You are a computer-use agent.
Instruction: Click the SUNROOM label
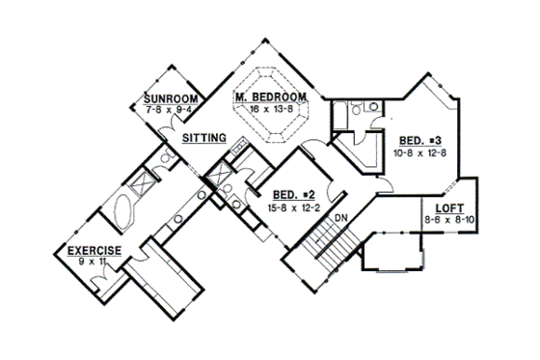point(171,99)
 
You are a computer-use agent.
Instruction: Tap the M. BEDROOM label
point(271,97)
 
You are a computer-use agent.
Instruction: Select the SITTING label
point(203,139)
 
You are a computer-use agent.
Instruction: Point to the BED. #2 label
point(293,193)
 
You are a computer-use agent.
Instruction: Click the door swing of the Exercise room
point(100,281)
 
